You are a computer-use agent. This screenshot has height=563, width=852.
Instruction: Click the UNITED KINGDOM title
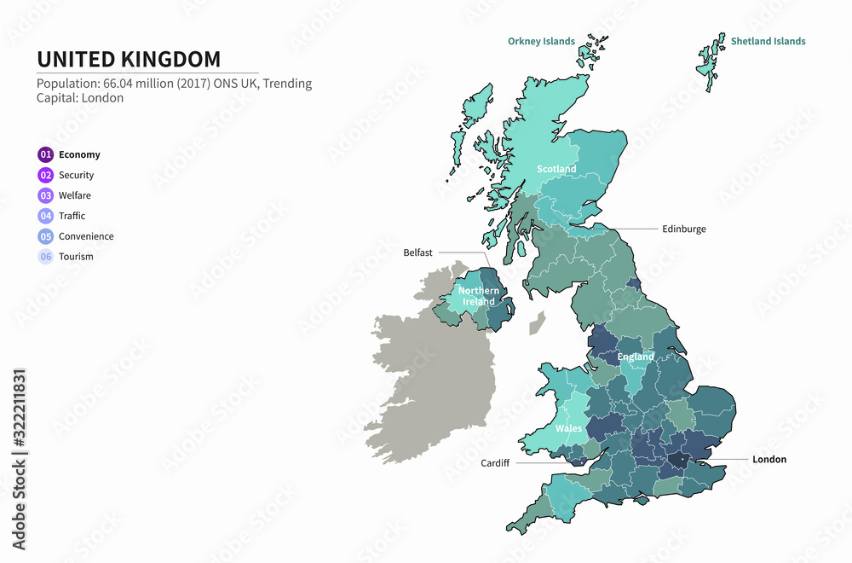point(129,59)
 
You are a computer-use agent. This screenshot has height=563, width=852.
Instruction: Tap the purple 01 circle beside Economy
point(46,154)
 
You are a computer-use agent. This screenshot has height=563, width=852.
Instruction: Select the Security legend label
point(76,175)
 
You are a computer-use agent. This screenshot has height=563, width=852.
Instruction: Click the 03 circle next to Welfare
point(46,195)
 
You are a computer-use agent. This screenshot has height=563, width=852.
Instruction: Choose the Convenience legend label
point(86,236)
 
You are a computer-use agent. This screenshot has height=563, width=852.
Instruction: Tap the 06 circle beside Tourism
point(46,257)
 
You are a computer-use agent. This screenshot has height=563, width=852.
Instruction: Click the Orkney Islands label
point(541,41)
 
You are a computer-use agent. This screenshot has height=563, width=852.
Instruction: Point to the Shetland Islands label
point(768,41)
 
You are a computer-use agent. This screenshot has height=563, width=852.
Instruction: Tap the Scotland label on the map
point(556,169)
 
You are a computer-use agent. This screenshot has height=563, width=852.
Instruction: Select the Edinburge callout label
point(684,229)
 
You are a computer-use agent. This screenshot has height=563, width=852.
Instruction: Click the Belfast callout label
point(418,252)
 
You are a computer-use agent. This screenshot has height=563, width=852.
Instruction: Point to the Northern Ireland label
point(479,296)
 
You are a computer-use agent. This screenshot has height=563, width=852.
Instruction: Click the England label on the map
point(636,357)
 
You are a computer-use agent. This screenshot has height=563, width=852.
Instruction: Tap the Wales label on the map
point(568,428)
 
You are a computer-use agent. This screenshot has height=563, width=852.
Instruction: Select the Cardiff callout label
point(494,463)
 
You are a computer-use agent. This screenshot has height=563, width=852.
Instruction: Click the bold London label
point(769,459)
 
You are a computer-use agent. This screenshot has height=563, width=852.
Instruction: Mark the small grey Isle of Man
point(537,322)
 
